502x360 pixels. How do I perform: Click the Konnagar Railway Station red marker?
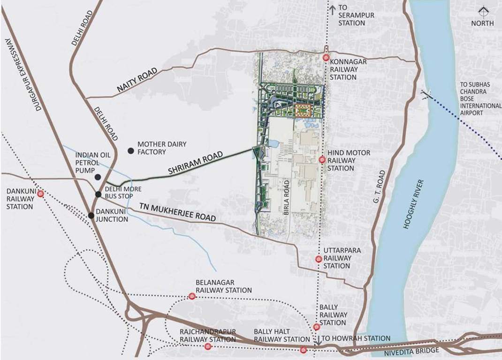point(326,58)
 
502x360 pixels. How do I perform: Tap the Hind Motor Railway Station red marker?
point(322,160)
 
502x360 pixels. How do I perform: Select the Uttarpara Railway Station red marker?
point(319,259)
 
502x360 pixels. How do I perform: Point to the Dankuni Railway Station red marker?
point(41,193)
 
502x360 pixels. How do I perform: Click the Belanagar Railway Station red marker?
point(192,296)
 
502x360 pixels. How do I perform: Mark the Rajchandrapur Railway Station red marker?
point(208,346)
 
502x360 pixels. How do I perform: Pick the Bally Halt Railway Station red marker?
point(304,349)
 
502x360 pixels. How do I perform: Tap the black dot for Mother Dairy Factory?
point(131,150)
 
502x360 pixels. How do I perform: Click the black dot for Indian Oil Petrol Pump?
point(98,177)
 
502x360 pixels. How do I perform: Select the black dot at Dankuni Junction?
point(91,216)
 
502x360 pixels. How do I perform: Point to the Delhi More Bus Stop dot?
point(99,194)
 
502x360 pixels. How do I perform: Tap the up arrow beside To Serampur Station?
point(333,8)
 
